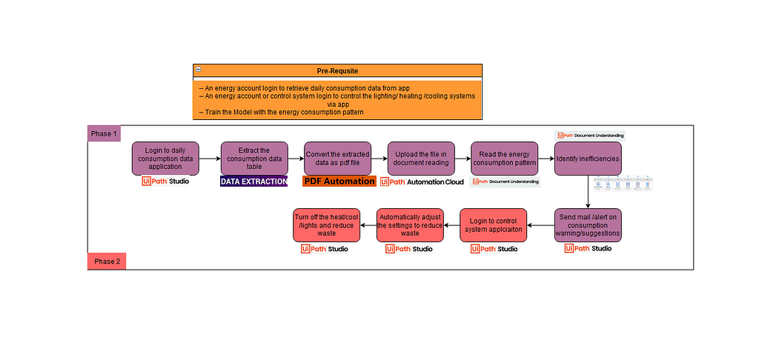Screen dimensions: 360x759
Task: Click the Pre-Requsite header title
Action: [337, 70]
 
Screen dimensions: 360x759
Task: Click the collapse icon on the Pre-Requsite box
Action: [199, 70]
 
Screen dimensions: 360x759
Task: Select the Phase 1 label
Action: [104, 133]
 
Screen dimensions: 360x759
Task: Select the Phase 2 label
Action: [107, 261]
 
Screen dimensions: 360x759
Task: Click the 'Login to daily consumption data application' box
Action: [165, 159]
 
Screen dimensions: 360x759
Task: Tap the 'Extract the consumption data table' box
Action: [253, 159]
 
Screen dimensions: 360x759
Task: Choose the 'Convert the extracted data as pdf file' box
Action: [337, 159]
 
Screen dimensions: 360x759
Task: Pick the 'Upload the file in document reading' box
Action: [421, 159]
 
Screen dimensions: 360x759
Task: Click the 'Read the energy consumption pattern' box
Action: [504, 159]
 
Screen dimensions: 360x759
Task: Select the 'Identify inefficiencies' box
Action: [588, 159]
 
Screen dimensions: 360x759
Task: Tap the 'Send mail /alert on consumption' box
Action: [588, 224]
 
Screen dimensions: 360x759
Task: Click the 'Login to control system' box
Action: [494, 224]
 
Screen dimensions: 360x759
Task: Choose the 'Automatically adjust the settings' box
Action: [410, 224]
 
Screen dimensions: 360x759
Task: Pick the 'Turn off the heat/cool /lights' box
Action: [327, 224]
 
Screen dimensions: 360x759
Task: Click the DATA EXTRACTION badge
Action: [253, 181]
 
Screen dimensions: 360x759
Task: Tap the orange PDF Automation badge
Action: [339, 181]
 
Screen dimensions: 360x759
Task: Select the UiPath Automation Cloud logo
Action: [422, 181]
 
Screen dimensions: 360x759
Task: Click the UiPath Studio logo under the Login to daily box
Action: [165, 181]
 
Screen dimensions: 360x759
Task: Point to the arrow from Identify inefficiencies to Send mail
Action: [588, 191]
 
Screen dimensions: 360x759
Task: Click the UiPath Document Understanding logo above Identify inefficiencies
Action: [591, 136]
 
